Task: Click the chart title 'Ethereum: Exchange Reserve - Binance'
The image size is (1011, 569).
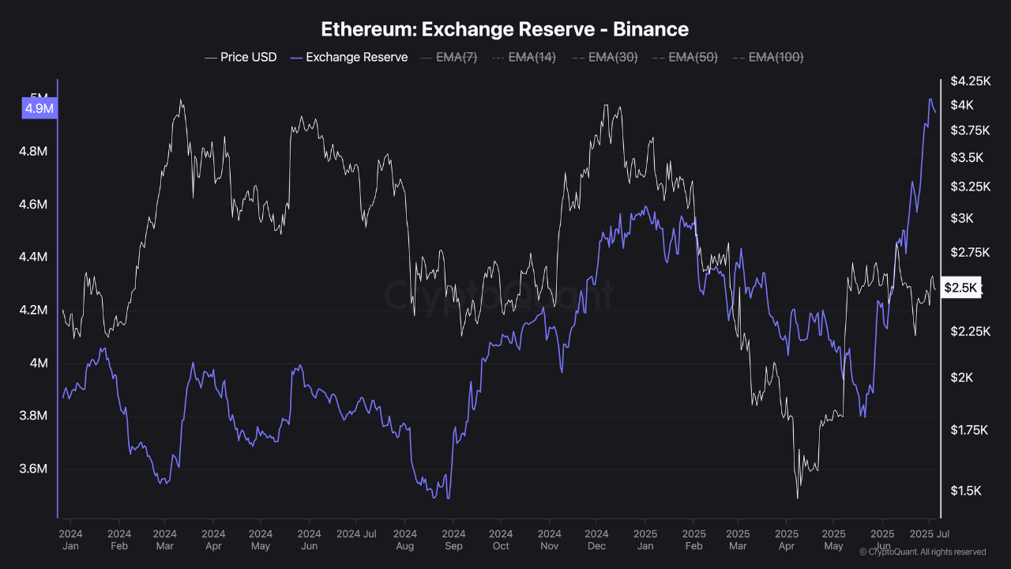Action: tap(505, 29)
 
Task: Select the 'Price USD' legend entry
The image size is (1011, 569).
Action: tap(241, 57)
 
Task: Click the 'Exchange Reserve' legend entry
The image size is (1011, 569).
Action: tap(349, 57)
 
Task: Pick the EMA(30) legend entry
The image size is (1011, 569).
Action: tap(604, 57)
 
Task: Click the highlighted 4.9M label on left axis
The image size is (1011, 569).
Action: tap(39, 108)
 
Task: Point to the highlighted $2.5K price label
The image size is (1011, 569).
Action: tap(960, 288)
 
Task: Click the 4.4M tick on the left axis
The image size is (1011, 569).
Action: tap(33, 257)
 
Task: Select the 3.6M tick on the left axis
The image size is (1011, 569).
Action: tap(33, 469)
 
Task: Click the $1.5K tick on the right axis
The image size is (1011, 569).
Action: tap(965, 491)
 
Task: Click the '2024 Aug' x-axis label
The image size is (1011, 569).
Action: tap(405, 539)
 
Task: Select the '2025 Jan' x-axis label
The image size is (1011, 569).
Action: tap(645, 539)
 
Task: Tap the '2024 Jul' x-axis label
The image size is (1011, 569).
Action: tap(356, 533)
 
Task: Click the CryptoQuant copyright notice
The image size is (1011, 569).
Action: tap(922, 552)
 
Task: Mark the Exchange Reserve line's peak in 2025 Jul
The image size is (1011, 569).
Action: tap(930, 99)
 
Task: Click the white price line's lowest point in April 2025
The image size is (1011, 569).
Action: tap(797, 498)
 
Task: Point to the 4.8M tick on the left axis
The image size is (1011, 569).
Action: tap(33, 152)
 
